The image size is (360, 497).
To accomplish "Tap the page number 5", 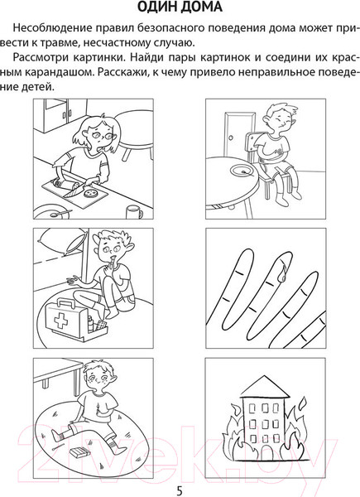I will [180, 485].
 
